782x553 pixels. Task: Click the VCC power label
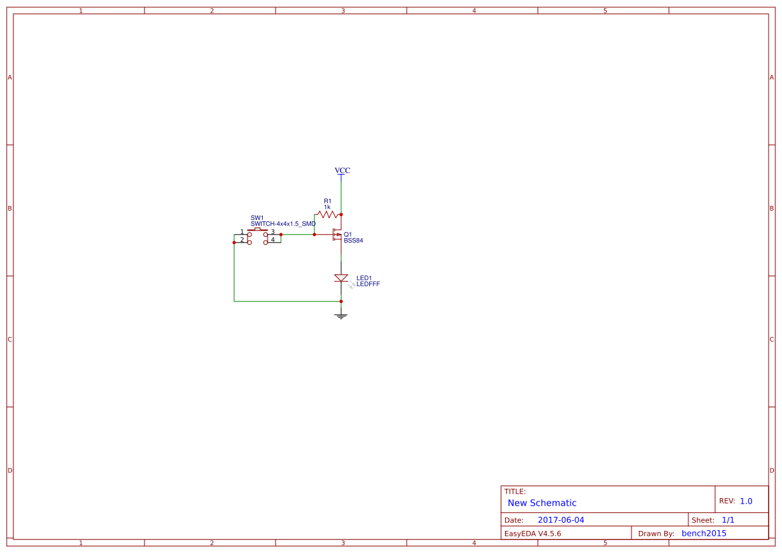coord(342,171)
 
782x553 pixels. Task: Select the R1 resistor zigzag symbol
coord(328,215)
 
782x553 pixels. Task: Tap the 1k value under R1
coord(327,207)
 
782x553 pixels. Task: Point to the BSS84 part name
coord(354,240)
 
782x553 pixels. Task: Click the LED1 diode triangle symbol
coord(341,278)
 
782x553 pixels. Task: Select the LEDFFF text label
coord(368,284)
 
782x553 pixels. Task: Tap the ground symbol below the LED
coord(341,316)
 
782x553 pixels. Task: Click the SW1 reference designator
coord(258,218)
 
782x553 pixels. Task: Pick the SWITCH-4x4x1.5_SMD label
coord(283,224)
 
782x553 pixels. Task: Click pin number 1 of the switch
coord(242,232)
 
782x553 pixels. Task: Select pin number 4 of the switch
coord(273,240)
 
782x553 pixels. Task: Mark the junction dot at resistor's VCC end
coord(341,215)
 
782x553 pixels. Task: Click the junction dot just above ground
coord(341,301)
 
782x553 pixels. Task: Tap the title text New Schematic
coord(542,503)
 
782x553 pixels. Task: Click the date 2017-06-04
coord(561,520)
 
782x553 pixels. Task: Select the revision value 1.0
coord(746,501)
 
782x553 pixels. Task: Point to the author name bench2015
coord(704,534)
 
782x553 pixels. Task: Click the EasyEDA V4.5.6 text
coord(532,534)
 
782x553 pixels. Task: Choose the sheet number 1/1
coord(728,520)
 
